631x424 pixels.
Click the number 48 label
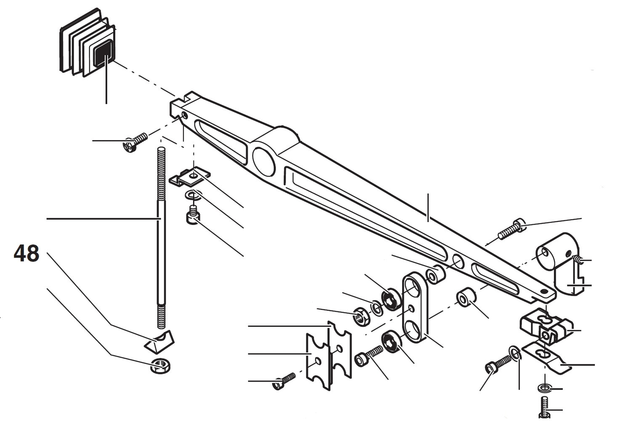tap(27, 254)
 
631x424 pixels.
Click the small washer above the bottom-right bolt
tap(544, 387)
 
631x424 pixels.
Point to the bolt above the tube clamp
tap(511, 230)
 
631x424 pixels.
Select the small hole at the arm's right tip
tap(544, 291)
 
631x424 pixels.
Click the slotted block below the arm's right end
tap(545, 328)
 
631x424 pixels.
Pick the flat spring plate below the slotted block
tap(547, 358)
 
